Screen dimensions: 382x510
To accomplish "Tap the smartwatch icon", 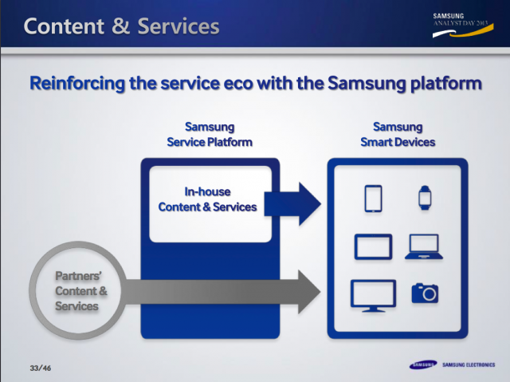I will (424, 197).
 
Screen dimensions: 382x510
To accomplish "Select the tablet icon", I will (374, 246).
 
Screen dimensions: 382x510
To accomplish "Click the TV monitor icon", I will (373, 294).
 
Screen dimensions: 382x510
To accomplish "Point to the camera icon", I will (424, 293).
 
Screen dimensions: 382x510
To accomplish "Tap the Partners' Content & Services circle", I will (76, 290).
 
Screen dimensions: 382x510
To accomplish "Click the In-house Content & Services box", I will (207, 199).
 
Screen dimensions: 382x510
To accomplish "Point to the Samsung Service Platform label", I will (210, 135).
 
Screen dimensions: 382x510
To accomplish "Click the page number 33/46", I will (39, 368).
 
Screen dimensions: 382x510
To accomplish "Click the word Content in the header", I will (65, 26).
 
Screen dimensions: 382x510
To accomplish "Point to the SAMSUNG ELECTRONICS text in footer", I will (469, 367).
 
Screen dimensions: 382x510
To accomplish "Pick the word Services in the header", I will (177, 26).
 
